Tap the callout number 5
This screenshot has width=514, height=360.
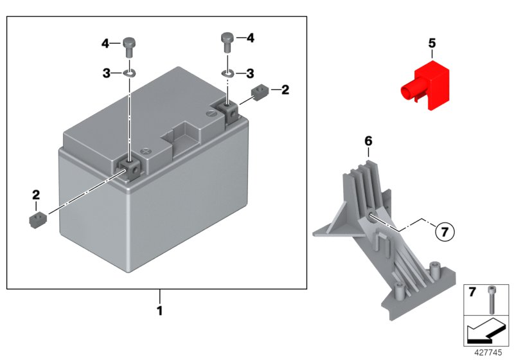[x=432, y=44]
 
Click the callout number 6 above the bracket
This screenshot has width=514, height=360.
[x=368, y=140]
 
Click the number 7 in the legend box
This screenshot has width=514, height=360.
[x=472, y=293]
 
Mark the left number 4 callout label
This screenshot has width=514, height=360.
[x=105, y=44]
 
